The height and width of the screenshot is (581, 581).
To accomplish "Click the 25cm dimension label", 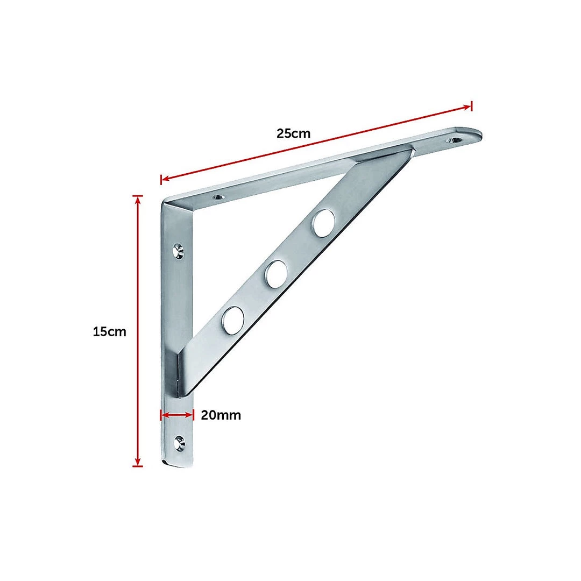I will (294, 133).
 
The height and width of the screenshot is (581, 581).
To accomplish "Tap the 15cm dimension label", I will (109, 331).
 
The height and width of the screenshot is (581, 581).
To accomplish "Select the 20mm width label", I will (221, 415).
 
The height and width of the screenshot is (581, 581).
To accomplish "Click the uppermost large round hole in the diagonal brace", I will (324, 223).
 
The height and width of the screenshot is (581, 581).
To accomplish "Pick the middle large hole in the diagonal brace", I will (277, 273).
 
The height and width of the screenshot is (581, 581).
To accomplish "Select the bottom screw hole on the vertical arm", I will (180, 443).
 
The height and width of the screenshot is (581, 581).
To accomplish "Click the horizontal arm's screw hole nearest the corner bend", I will (217, 198).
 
